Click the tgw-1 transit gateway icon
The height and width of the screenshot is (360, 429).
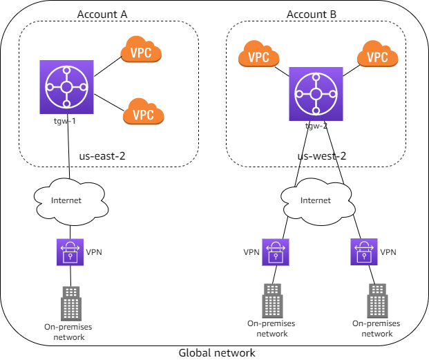coord(67,87)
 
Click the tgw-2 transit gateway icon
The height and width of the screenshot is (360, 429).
coord(316,94)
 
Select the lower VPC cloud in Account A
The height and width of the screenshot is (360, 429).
coord(143,112)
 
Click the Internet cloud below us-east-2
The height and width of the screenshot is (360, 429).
coord(67,200)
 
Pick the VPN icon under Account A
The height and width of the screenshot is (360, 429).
coord(68,252)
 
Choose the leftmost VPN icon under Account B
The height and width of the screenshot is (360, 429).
coord(276,252)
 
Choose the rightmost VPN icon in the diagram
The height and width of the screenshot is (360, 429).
coord(365,252)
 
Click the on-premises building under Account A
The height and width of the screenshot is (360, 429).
coord(70,301)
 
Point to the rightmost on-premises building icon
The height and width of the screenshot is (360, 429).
coord(376,301)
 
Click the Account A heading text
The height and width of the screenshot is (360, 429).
coord(102,15)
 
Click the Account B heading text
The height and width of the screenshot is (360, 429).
coord(312,15)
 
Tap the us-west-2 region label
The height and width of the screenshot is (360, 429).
coord(321,155)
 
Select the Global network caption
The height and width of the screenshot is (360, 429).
coord(217,352)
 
